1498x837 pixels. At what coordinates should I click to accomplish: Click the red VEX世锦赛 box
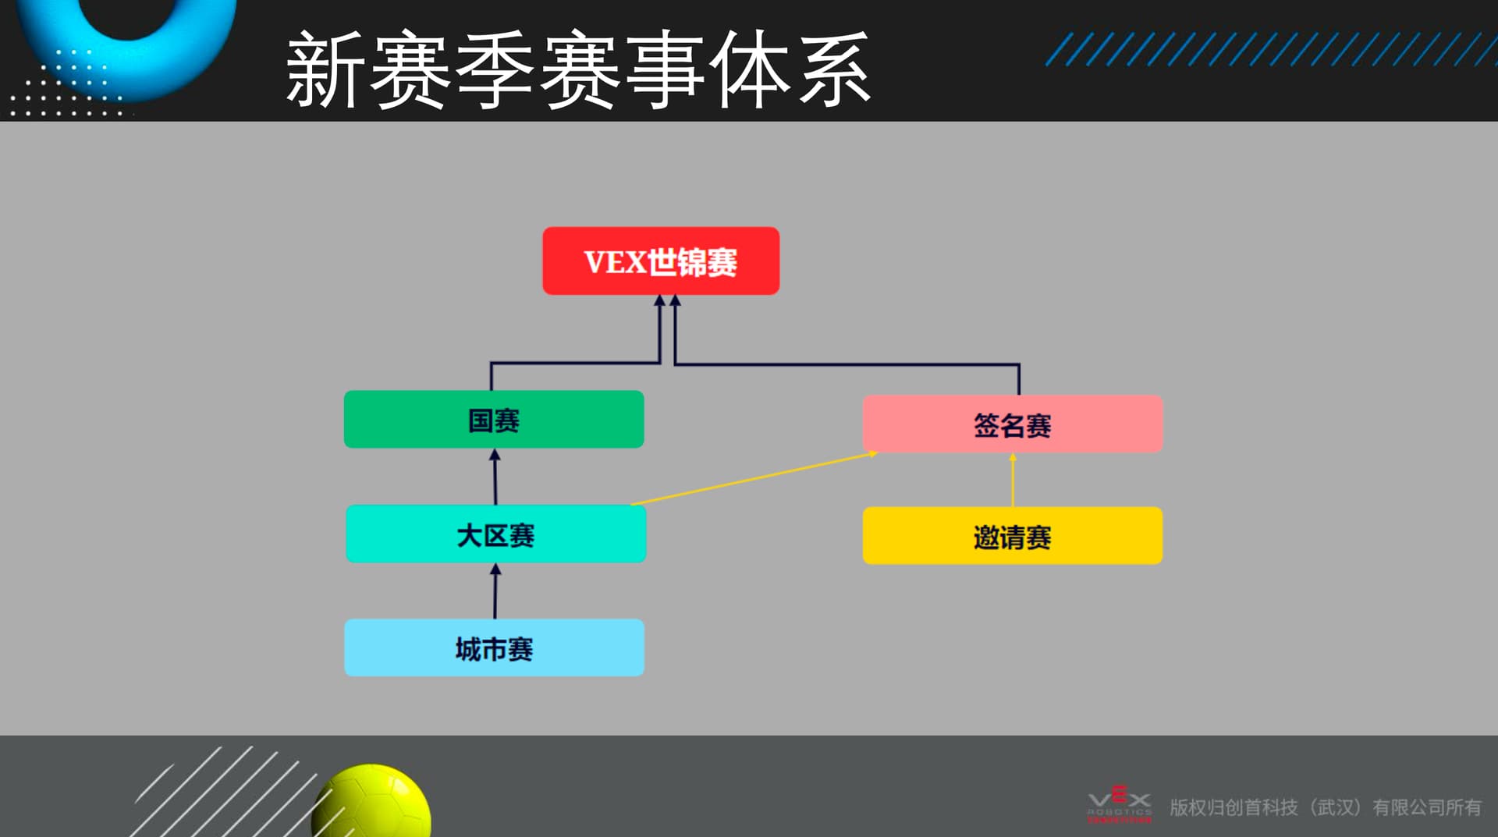[661, 261]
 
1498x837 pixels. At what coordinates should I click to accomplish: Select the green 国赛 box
[494, 420]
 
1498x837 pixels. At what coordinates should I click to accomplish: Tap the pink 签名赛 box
[1013, 424]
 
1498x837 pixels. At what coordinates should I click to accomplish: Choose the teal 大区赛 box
[495, 534]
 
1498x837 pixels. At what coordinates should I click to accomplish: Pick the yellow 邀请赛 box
[1013, 536]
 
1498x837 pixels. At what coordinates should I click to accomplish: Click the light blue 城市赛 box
[494, 647]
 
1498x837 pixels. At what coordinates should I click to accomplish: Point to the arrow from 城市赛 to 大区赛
[495, 591]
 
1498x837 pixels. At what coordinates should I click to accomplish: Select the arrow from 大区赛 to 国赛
[495, 477]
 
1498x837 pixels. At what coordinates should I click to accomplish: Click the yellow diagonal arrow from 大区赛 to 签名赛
[754, 478]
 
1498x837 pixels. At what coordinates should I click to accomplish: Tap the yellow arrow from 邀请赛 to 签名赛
[1013, 480]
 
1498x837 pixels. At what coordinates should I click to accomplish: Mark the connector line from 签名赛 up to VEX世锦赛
[847, 364]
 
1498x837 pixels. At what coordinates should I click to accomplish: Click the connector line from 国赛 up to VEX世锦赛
[576, 363]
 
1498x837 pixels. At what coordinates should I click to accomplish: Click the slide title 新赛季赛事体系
[578, 69]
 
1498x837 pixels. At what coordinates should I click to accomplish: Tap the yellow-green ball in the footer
[371, 801]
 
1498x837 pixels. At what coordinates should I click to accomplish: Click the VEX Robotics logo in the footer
[1120, 804]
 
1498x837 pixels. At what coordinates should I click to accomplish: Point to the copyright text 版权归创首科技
[1234, 807]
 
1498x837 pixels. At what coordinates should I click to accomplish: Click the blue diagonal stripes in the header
[1271, 49]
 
